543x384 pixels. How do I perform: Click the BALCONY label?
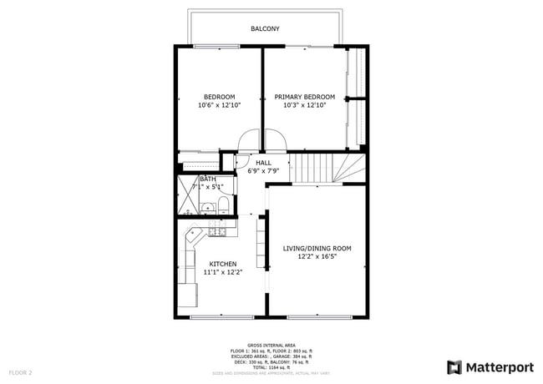pyautogui.click(x=265, y=29)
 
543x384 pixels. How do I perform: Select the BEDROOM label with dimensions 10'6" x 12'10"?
pyautogui.click(x=219, y=97)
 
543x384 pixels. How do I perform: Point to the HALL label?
pyautogui.click(x=263, y=163)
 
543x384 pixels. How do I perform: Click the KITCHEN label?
pyautogui.click(x=222, y=264)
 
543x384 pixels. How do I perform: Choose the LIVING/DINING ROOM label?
pyautogui.click(x=317, y=248)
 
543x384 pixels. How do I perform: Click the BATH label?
pyautogui.click(x=207, y=179)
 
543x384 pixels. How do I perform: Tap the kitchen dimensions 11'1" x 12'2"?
pyautogui.click(x=222, y=273)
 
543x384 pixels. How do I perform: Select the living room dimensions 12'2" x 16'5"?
pyautogui.click(x=317, y=257)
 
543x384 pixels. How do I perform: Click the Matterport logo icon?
pyautogui.click(x=454, y=366)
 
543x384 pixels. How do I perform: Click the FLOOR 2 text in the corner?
pyautogui.click(x=20, y=371)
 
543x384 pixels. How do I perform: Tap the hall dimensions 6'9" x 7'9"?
pyautogui.click(x=263, y=171)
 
